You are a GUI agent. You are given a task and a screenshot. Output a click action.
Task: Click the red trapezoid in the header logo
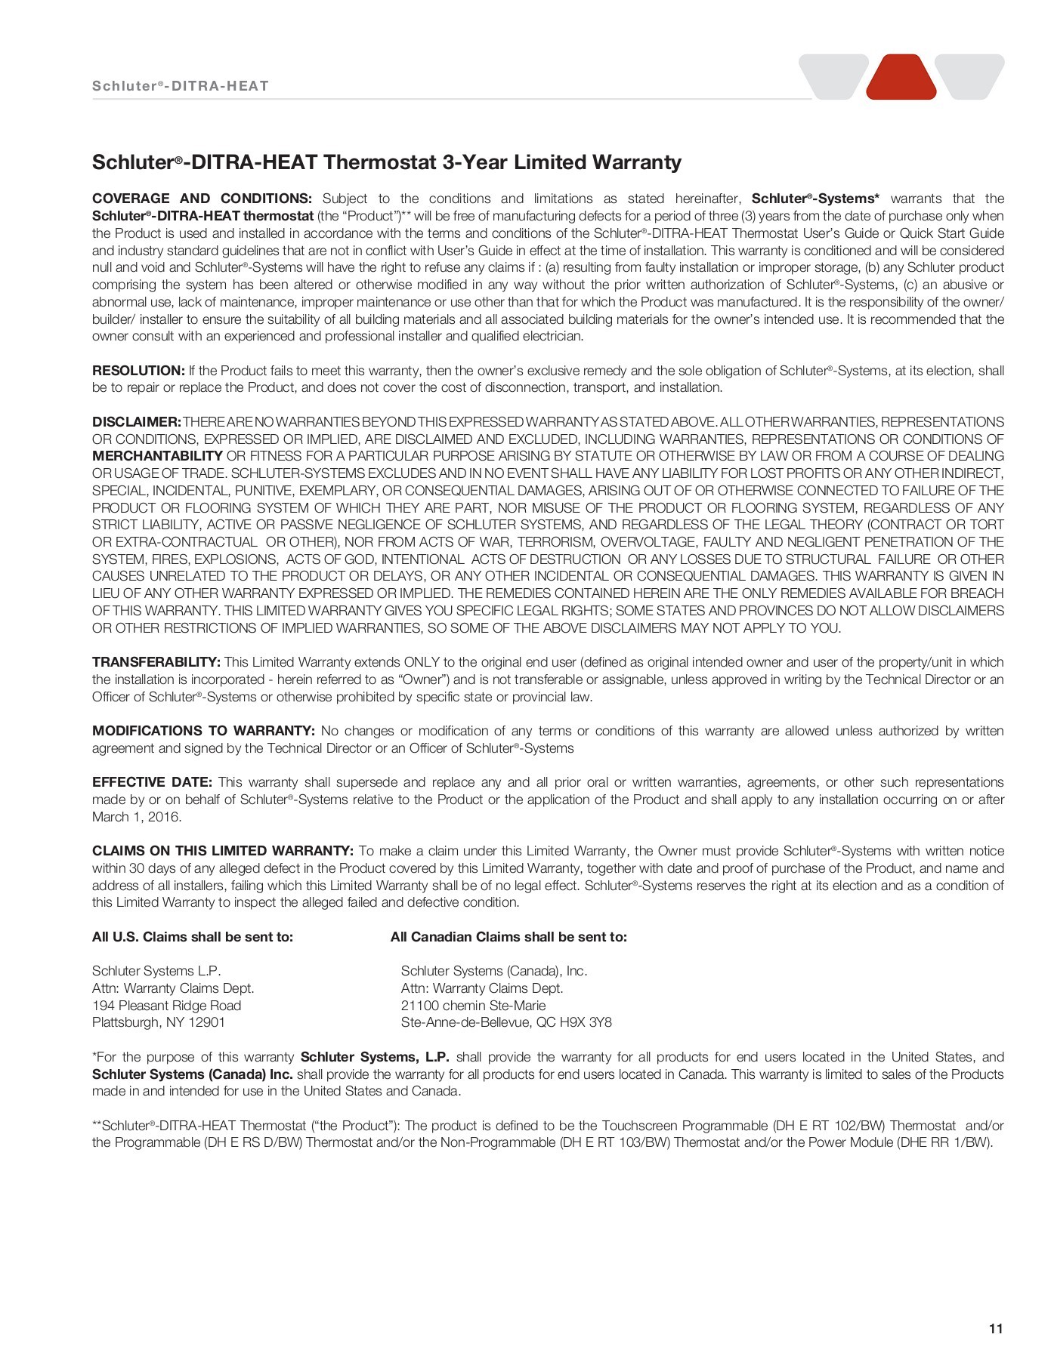pos(901,78)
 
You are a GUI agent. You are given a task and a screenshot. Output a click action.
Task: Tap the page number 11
pos(995,1329)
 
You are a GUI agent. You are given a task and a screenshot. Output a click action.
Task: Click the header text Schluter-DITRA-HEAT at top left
pos(180,86)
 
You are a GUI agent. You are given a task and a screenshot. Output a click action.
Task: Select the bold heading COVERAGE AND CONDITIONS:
pos(202,199)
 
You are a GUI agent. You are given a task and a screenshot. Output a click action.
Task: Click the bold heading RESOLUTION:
pos(138,371)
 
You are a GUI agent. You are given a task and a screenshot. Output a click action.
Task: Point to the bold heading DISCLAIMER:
pos(136,422)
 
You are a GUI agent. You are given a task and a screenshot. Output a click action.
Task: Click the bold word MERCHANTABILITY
pos(157,456)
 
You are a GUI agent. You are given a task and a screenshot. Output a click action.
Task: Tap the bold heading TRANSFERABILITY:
pos(156,662)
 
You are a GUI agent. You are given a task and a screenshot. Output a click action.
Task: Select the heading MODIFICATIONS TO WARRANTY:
pos(203,731)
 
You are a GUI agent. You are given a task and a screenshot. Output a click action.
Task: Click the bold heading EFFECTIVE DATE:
pos(152,782)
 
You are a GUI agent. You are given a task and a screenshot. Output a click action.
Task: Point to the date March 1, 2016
pos(136,817)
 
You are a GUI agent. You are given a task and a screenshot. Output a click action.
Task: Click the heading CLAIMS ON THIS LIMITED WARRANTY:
pos(222,851)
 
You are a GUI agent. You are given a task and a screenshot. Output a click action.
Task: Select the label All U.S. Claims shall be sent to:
pos(193,937)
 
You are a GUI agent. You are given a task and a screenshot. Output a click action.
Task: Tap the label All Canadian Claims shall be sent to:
pos(508,937)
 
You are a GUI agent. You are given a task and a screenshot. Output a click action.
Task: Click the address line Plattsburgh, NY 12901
pos(159,1022)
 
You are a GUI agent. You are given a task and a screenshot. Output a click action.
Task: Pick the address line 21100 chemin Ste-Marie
pos(473,1006)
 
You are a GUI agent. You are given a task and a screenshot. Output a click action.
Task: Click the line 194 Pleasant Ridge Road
pos(166,1006)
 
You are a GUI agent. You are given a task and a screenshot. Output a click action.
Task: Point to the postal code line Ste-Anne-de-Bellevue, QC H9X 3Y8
pos(506,1022)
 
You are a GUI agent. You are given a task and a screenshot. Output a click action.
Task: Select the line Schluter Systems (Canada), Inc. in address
pos(494,971)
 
